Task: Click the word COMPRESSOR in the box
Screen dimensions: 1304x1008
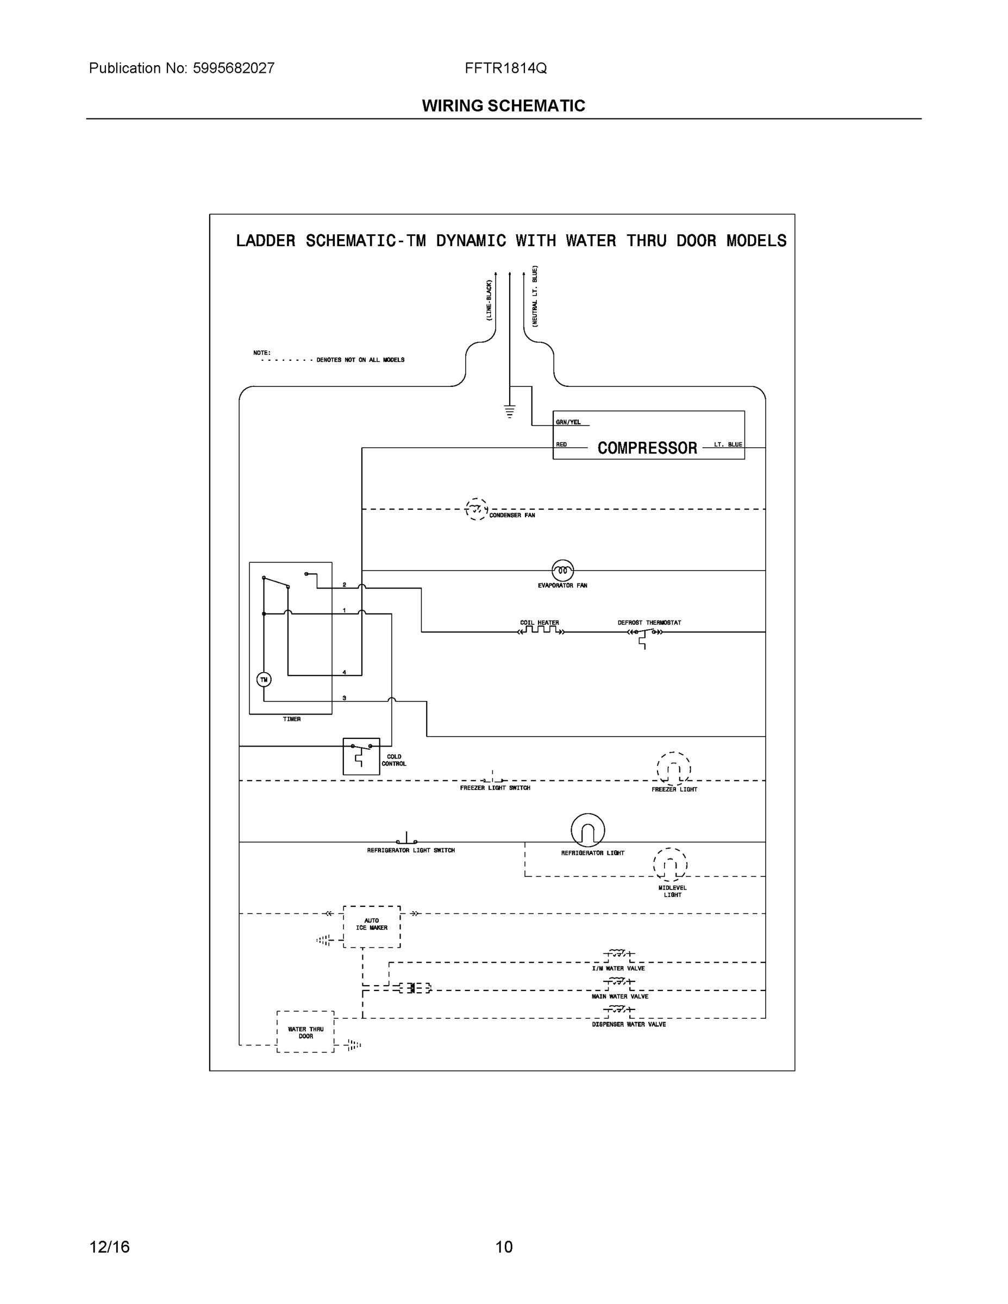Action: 647,448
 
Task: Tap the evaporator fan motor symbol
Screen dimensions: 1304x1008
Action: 562,571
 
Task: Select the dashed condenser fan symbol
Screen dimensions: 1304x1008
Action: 476,509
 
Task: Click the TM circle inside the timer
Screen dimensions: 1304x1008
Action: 264,680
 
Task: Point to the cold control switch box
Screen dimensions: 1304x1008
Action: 361,756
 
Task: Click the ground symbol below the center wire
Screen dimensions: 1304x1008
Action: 509,411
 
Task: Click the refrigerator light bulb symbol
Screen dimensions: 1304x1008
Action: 587,830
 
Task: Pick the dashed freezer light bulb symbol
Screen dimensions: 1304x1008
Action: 674,769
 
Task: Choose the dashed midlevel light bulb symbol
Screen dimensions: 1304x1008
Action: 670,864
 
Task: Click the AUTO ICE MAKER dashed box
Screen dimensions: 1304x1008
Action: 372,926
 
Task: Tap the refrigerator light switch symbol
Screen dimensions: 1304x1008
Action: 406,839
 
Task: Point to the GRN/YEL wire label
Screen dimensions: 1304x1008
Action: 568,422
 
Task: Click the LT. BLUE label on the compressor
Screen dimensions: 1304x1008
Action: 728,445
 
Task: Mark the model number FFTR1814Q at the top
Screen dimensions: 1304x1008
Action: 505,68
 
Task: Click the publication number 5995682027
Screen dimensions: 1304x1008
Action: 234,68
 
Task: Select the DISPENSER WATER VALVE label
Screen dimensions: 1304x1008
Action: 629,1025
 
